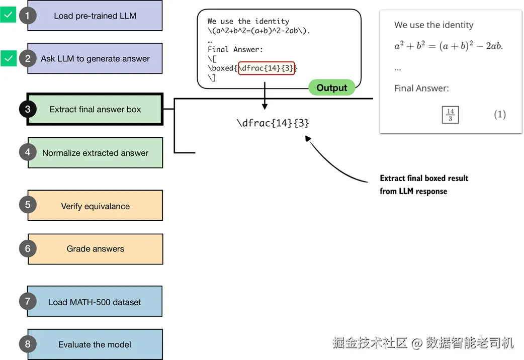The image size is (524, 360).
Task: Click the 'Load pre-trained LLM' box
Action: pyautogui.click(x=95, y=16)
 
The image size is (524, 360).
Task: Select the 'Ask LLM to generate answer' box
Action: pyautogui.click(x=95, y=59)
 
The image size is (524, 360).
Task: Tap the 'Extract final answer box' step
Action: pyautogui.click(x=95, y=109)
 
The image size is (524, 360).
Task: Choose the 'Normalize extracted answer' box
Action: pyautogui.click(x=95, y=153)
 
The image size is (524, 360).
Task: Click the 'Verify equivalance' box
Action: pyautogui.click(x=95, y=206)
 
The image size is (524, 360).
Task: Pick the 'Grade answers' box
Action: pyautogui.click(x=95, y=248)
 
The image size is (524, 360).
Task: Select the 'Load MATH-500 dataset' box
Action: pyautogui.click(x=95, y=302)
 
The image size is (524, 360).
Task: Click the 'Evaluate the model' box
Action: pyautogui.click(x=95, y=344)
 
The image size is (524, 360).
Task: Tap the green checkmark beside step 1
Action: pyautogui.click(x=8, y=15)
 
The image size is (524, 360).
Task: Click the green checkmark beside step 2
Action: pyautogui.click(x=8, y=58)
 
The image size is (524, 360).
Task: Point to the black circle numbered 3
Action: pyautogui.click(x=28, y=109)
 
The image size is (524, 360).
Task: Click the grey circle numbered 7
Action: pyautogui.click(x=28, y=302)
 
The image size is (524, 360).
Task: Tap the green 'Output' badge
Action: pyautogui.click(x=331, y=88)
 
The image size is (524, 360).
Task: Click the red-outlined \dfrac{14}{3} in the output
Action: pyautogui.click(x=266, y=68)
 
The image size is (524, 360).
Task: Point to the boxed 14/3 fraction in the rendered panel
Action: pyautogui.click(x=450, y=115)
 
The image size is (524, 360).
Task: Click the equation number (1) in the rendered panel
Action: pyautogui.click(x=499, y=115)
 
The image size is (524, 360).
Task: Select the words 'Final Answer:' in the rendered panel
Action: pyautogui.click(x=421, y=88)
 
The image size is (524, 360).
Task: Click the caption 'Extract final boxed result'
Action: pyautogui.click(x=424, y=178)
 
